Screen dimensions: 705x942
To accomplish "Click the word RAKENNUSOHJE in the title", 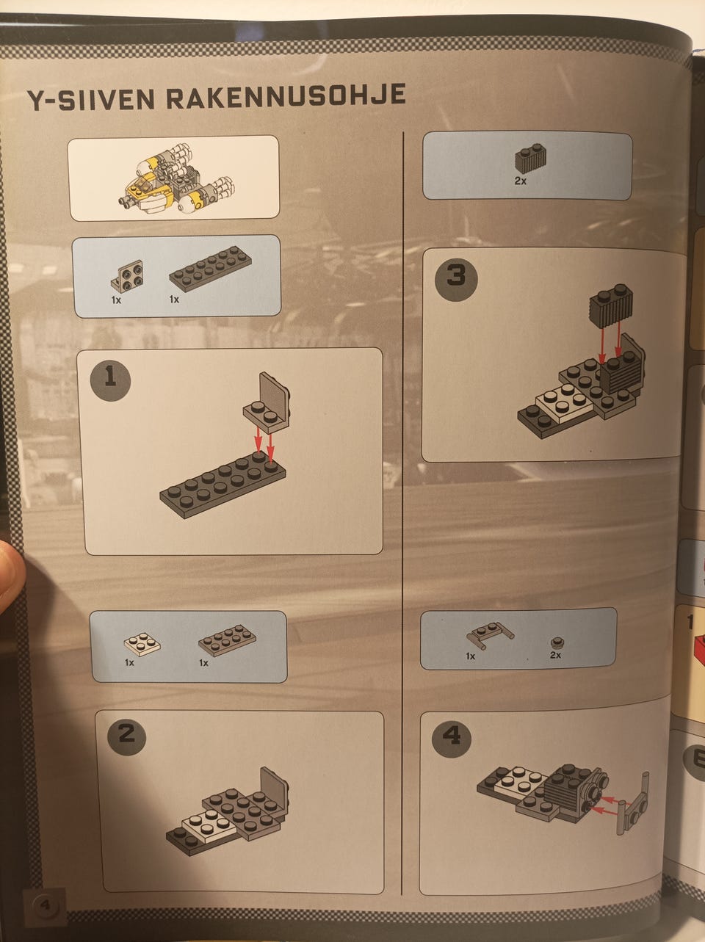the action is (286, 97).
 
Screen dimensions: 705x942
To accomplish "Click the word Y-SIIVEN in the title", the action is (90, 101).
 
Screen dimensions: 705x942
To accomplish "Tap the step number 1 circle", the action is (110, 380).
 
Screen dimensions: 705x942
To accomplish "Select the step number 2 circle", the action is (126, 735).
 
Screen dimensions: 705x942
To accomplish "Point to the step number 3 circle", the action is (456, 280).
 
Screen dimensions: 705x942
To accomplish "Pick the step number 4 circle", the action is (452, 737).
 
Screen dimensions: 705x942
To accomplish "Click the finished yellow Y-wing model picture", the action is (177, 179).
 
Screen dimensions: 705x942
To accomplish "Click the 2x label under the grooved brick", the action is (520, 181).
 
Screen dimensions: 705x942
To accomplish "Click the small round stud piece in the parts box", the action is (557, 642).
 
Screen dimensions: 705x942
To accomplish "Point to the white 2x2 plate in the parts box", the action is (142, 644).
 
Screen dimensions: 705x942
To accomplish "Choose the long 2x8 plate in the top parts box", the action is (210, 269).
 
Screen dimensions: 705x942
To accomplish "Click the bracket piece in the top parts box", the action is (127, 276).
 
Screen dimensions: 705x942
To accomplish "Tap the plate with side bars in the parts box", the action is (490, 634).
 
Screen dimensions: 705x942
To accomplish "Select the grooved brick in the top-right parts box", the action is (530, 159).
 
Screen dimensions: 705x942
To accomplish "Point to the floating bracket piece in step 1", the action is (267, 402).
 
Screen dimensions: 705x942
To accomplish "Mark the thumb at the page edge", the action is (10, 575).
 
